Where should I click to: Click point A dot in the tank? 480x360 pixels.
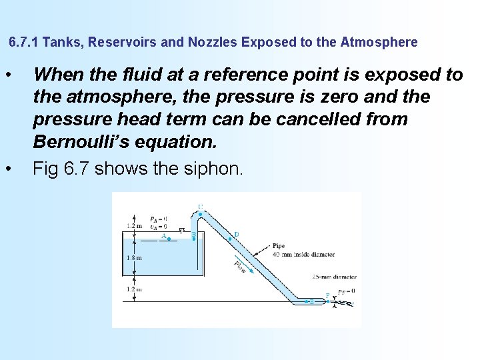[x=169, y=237]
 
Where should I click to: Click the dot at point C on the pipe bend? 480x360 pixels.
[x=201, y=215]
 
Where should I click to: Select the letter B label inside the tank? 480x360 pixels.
[x=194, y=235]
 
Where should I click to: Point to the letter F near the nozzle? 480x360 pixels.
[x=327, y=295]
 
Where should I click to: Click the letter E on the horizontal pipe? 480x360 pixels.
[x=311, y=303]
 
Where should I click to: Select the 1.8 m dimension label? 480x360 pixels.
[x=134, y=257]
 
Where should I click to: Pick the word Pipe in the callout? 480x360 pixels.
[x=278, y=246]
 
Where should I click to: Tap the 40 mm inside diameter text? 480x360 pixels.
[x=303, y=254]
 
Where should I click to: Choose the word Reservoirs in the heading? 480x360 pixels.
[x=126, y=43]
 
